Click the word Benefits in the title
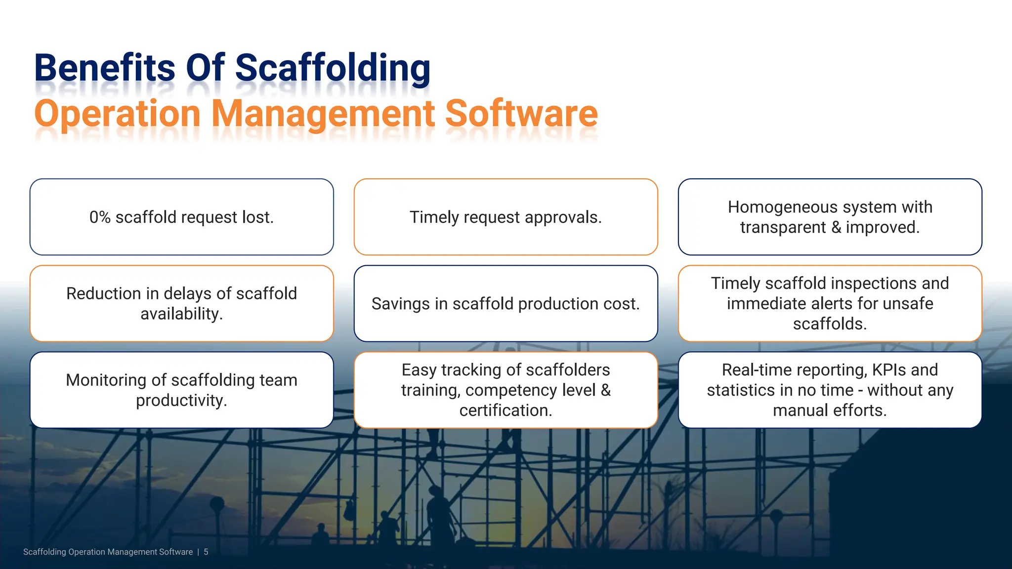coord(104,68)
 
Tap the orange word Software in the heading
coord(521,114)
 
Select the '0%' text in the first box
coord(100,217)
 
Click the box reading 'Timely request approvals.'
coord(506,217)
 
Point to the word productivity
coord(181,401)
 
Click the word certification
coord(506,410)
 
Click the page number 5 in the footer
coord(206,552)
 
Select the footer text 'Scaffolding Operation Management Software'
coord(108,552)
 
